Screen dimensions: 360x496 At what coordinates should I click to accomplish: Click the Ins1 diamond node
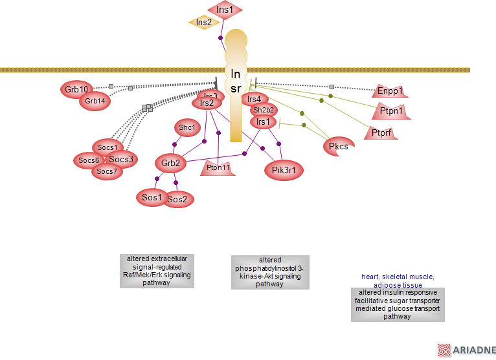coord(225,10)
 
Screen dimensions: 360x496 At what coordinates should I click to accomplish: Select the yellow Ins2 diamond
coord(204,23)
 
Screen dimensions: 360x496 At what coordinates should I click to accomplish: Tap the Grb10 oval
coord(76,89)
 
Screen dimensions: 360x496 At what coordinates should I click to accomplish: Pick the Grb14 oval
coord(95,101)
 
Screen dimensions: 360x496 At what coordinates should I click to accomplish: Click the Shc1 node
coord(187,128)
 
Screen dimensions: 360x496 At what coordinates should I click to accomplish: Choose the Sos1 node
coord(152,197)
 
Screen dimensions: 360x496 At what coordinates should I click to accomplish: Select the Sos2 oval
coord(177,200)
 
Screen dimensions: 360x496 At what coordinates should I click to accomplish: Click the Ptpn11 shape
coord(218,167)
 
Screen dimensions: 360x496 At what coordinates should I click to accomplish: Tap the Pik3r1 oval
coord(284,170)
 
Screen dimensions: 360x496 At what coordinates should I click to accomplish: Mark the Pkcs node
coord(339,146)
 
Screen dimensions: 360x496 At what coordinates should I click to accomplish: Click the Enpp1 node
coord(390,92)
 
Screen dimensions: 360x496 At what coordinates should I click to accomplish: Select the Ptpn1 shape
coord(390,112)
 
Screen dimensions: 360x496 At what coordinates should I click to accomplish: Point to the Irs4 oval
coord(254,99)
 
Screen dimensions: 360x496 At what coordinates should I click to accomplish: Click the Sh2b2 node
coord(264,111)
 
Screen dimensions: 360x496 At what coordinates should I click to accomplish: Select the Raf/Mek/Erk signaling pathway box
coord(157,271)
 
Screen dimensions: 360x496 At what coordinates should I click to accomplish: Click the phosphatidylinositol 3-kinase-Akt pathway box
coord(269,272)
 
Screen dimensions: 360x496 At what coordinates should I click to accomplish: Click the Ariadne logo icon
coord(444,350)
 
